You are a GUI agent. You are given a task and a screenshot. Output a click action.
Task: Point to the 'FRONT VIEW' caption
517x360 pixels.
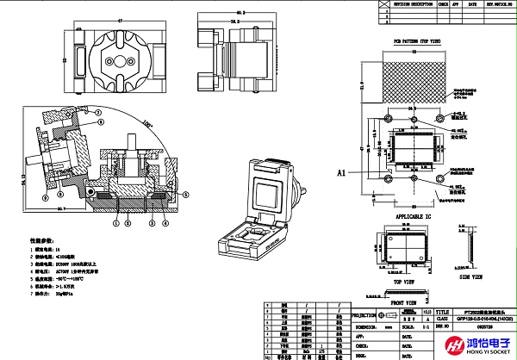(410, 303)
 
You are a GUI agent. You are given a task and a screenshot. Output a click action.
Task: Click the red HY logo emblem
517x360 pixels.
(451, 344)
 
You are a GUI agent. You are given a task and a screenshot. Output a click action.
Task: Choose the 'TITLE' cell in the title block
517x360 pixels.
(443, 313)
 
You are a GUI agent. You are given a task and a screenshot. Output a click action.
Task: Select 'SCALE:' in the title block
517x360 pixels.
(398, 327)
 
